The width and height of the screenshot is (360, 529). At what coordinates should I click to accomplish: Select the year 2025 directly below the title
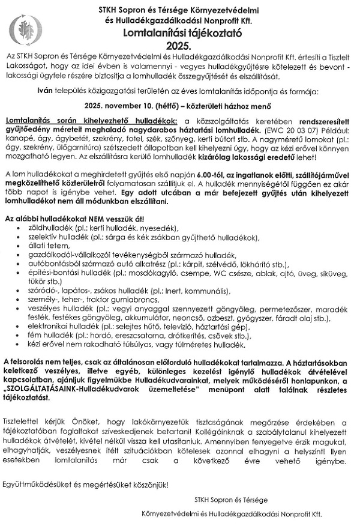pyautogui.click(x=179, y=45)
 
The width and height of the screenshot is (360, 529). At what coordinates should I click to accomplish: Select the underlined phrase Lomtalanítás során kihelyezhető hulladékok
pyautogui.click(x=90, y=121)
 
